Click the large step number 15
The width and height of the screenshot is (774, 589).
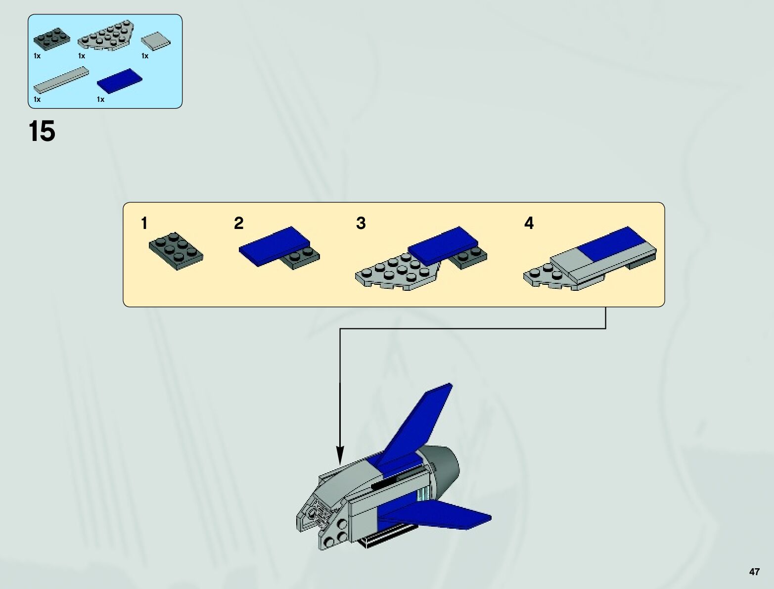(42, 132)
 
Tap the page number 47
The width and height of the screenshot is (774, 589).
(754, 572)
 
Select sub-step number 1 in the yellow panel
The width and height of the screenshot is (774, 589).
(144, 224)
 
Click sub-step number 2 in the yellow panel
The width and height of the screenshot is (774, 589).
(239, 224)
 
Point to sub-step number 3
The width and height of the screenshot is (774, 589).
(361, 224)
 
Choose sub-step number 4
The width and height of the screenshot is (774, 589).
(529, 224)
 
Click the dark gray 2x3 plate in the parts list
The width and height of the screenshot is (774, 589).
(51, 39)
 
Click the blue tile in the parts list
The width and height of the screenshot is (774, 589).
(120, 80)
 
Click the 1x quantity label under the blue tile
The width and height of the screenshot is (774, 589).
(101, 99)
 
